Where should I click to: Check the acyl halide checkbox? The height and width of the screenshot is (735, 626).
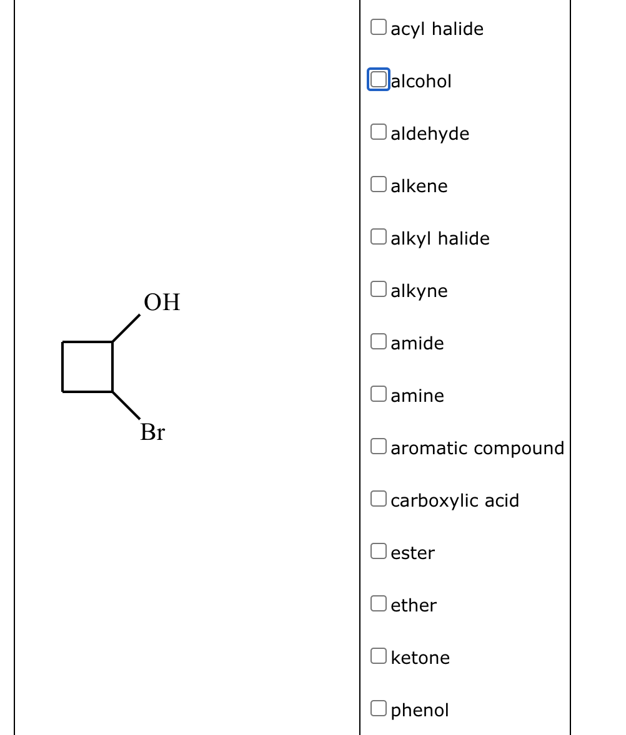click(x=378, y=27)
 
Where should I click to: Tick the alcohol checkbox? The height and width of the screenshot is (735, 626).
click(x=378, y=79)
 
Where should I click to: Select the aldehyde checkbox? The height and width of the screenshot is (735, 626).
click(x=378, y=132)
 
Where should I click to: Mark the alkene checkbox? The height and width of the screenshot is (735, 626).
click(x=378, y=184)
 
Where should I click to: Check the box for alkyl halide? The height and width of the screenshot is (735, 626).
click(x=378, y=236)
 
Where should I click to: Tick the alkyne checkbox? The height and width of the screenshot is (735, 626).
click(x=378, y=289)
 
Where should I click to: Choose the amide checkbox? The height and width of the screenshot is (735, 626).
click(x=378, y=341)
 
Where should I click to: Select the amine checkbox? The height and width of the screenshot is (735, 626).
click(x=378, y=394)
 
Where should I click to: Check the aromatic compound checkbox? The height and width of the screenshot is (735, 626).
click(x=378, y=446)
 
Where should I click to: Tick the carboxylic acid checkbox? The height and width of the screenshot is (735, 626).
click(x=378, y=499)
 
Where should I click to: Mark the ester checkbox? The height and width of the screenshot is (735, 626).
click(x=378, y=551)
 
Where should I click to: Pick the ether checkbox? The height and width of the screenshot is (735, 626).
click(x=378, y=603)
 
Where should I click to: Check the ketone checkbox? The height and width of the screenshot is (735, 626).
click(x=378, y=656)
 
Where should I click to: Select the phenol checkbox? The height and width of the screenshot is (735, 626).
click(x=378, y=708)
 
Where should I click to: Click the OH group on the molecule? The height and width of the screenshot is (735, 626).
click(x=162, y=302)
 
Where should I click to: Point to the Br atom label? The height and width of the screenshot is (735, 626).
click(x=152, y=432)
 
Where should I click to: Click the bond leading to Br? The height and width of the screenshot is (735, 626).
click(x=126, y=405)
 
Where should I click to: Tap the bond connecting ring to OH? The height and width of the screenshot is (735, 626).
click(x=126, y=329)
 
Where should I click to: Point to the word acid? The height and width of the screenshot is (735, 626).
click(x=503, y=500)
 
